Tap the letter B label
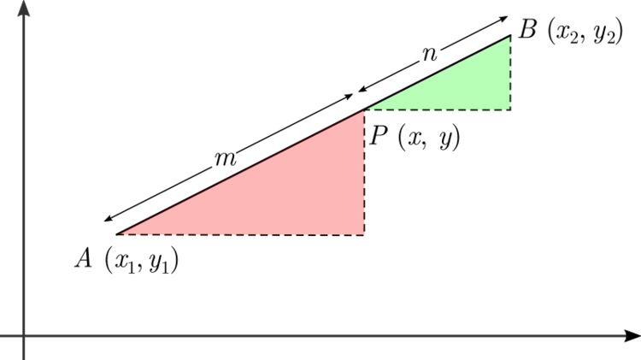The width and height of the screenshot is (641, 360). pos(527,32)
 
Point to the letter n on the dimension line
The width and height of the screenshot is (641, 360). pos(430,54)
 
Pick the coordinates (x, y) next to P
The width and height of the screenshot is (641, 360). pos(432,138)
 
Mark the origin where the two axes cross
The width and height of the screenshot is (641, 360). pos(24,335)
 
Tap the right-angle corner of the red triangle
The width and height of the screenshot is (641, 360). pos(365,233)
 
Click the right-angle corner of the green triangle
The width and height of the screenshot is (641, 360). pos(511,109)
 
